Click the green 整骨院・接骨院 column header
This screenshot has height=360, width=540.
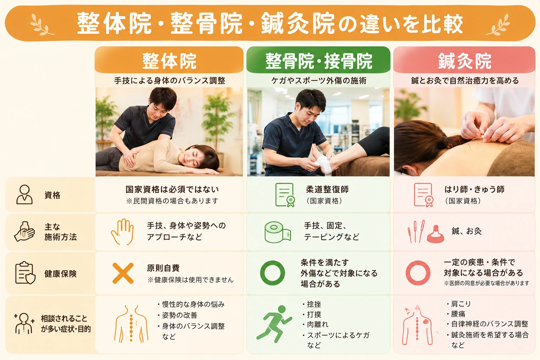click(318, 60)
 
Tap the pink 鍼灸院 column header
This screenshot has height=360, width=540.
click(464, 60)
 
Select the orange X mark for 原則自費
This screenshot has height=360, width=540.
click(123, 273)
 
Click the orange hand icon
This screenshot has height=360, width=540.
click(122, 232)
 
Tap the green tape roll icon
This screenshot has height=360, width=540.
click(277, 232)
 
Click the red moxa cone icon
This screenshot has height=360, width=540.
click(435, 234)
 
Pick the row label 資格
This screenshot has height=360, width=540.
click(52, 195)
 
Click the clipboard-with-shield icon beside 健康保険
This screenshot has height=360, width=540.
click(25, 273)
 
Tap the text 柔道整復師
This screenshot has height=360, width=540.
click(327, 189)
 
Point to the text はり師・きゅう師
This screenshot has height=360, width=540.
click(474, 189)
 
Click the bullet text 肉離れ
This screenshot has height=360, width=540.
click(317, 324)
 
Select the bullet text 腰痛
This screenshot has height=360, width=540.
click(458, 314)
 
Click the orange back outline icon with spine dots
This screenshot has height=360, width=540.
click(131, 324)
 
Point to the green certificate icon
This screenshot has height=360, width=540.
click(285, 195)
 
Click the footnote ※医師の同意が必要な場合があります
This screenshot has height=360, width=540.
click(486, 283)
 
